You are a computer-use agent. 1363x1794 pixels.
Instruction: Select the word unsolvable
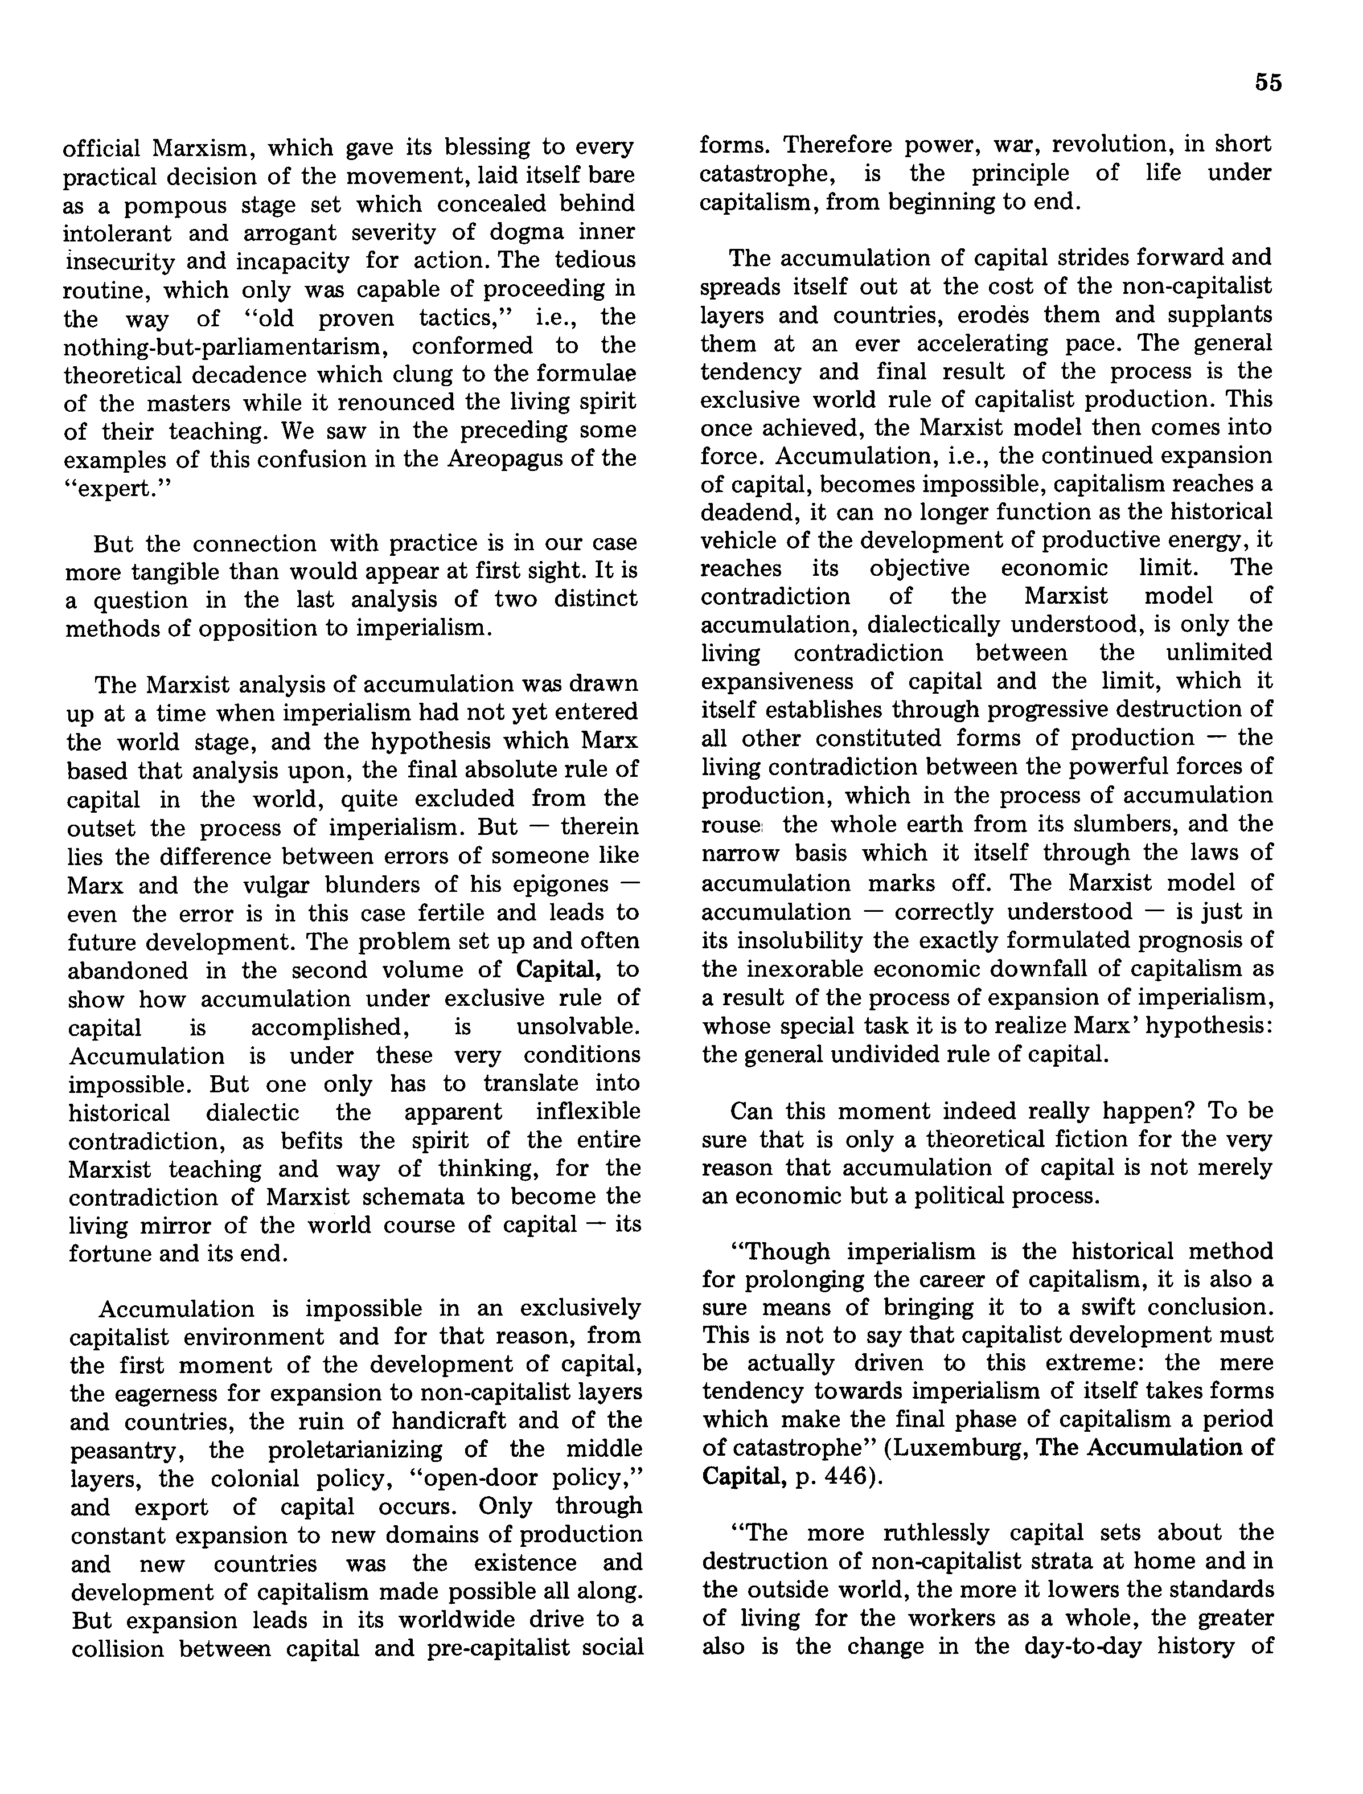click(578, 1027)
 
